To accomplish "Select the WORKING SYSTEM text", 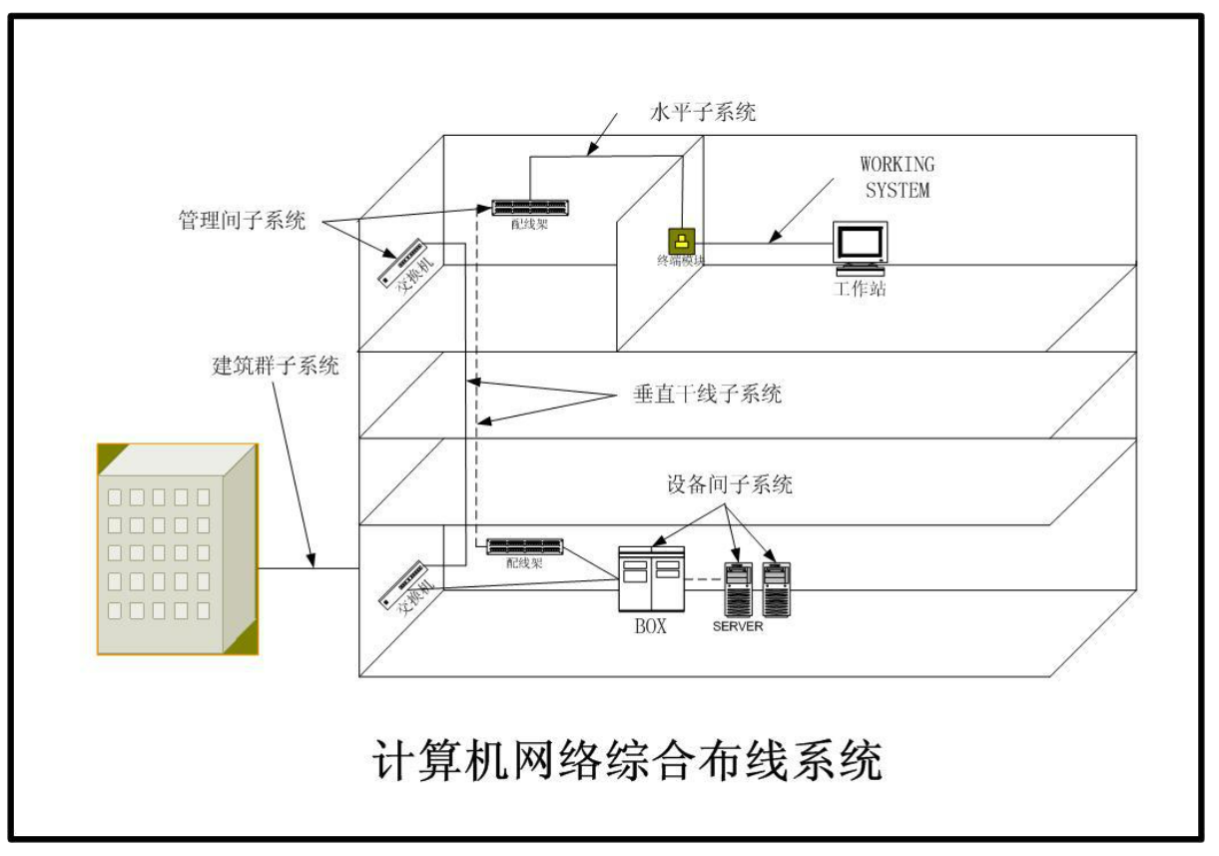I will [897, 177].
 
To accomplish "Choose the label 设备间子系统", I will [729, 485].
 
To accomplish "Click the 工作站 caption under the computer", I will [860, 290].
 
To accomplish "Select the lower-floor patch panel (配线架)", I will [525, 546].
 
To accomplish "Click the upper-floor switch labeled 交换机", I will [404, 264].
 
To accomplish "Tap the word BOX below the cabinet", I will [650, 627].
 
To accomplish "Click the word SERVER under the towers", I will [737, 626].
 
